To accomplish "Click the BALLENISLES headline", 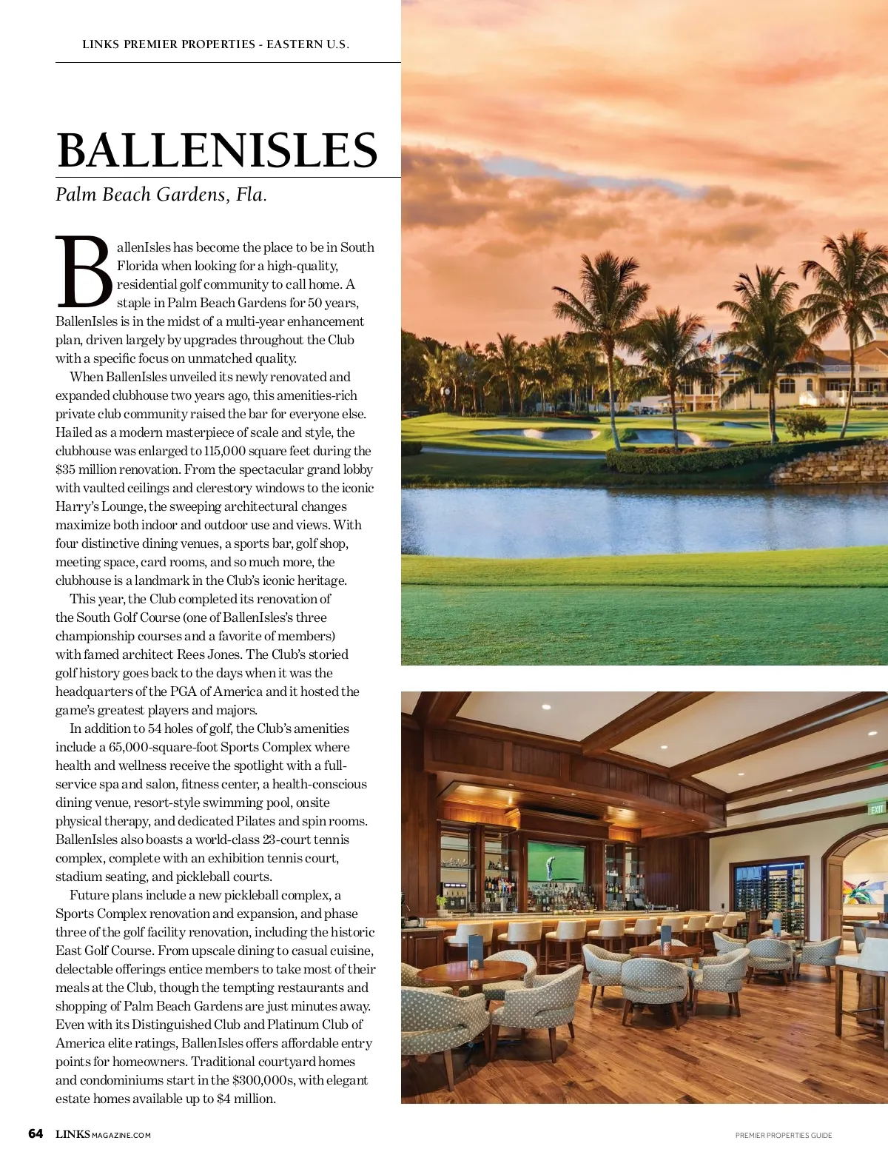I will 217,150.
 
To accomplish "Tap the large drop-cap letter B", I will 85,272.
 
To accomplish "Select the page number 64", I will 36,1134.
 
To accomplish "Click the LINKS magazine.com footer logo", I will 103,1135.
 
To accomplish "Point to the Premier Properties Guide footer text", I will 784,1135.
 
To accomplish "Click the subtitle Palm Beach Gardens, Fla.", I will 161,195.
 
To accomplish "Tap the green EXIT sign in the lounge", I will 877,808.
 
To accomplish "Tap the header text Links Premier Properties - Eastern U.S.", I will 215,44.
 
